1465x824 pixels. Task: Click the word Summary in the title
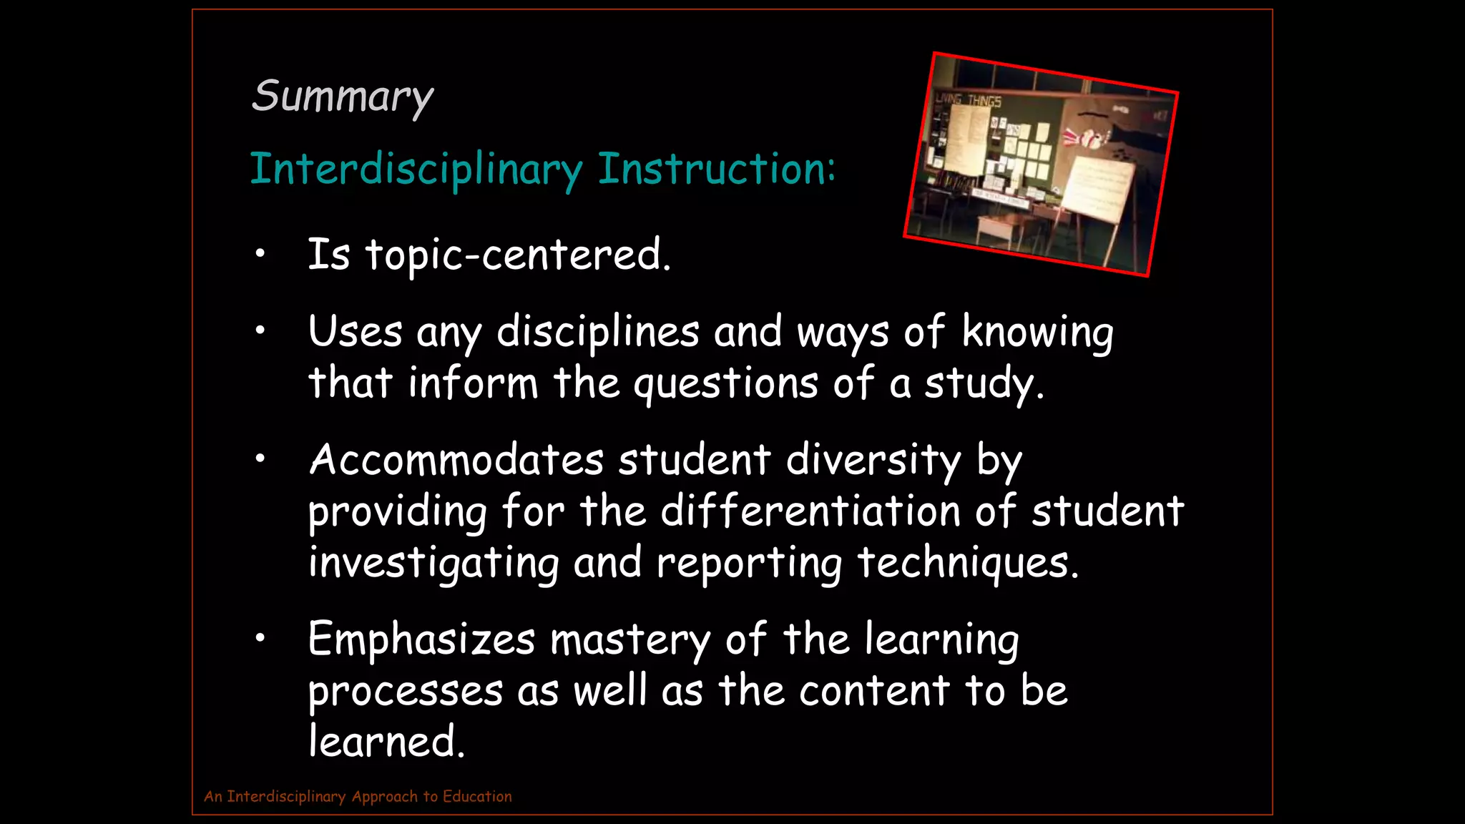342,97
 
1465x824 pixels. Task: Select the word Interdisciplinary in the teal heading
416,170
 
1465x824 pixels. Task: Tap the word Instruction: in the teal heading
716,170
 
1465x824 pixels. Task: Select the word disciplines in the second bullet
598,332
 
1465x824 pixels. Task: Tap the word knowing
1037,333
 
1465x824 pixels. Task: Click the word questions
725,384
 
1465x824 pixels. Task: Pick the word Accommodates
456,459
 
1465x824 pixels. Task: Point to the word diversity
873,460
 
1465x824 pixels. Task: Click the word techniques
967,562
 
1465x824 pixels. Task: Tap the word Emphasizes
421,639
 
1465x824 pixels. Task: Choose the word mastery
630,640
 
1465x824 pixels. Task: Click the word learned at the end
386,741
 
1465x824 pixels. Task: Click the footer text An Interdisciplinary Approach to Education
358,796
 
